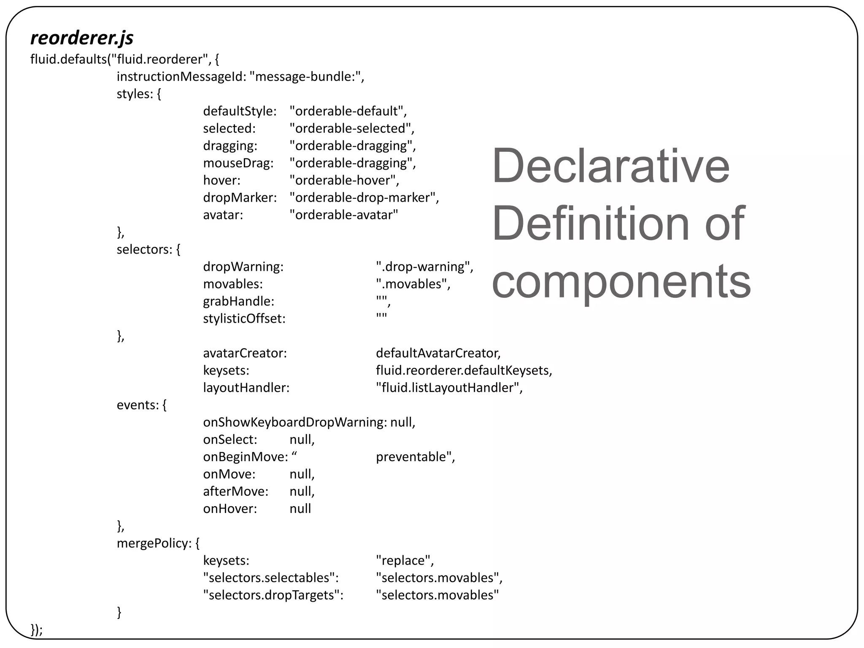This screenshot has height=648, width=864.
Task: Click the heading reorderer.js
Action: (82, 38)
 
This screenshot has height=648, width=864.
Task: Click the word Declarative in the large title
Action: (610, 165)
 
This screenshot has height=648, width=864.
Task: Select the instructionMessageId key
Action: (181, 76)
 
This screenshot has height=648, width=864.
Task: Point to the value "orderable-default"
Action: (348, 111)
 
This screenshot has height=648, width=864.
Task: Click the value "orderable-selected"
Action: (352, 128)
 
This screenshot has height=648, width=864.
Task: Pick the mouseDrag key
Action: (238, 163)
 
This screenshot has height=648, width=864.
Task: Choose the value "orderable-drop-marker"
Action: (364, 197)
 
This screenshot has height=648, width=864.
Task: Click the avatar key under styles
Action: (223, 215)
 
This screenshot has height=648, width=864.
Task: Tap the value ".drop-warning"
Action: (424, 267)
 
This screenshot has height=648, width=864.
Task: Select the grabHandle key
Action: (239, 301)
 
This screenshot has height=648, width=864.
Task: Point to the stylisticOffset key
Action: (244, 319)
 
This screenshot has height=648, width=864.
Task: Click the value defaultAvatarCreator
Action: (438, 353)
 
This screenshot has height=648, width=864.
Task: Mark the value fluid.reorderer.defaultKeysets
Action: (464, 370)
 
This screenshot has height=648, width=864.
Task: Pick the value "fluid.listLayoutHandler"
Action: (449, 388)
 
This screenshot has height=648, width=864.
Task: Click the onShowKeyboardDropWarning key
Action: (295, 422)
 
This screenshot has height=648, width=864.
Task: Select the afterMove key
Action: (236, 491)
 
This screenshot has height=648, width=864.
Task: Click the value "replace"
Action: (405, 561)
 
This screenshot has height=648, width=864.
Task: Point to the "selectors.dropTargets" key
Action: (273, 595)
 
